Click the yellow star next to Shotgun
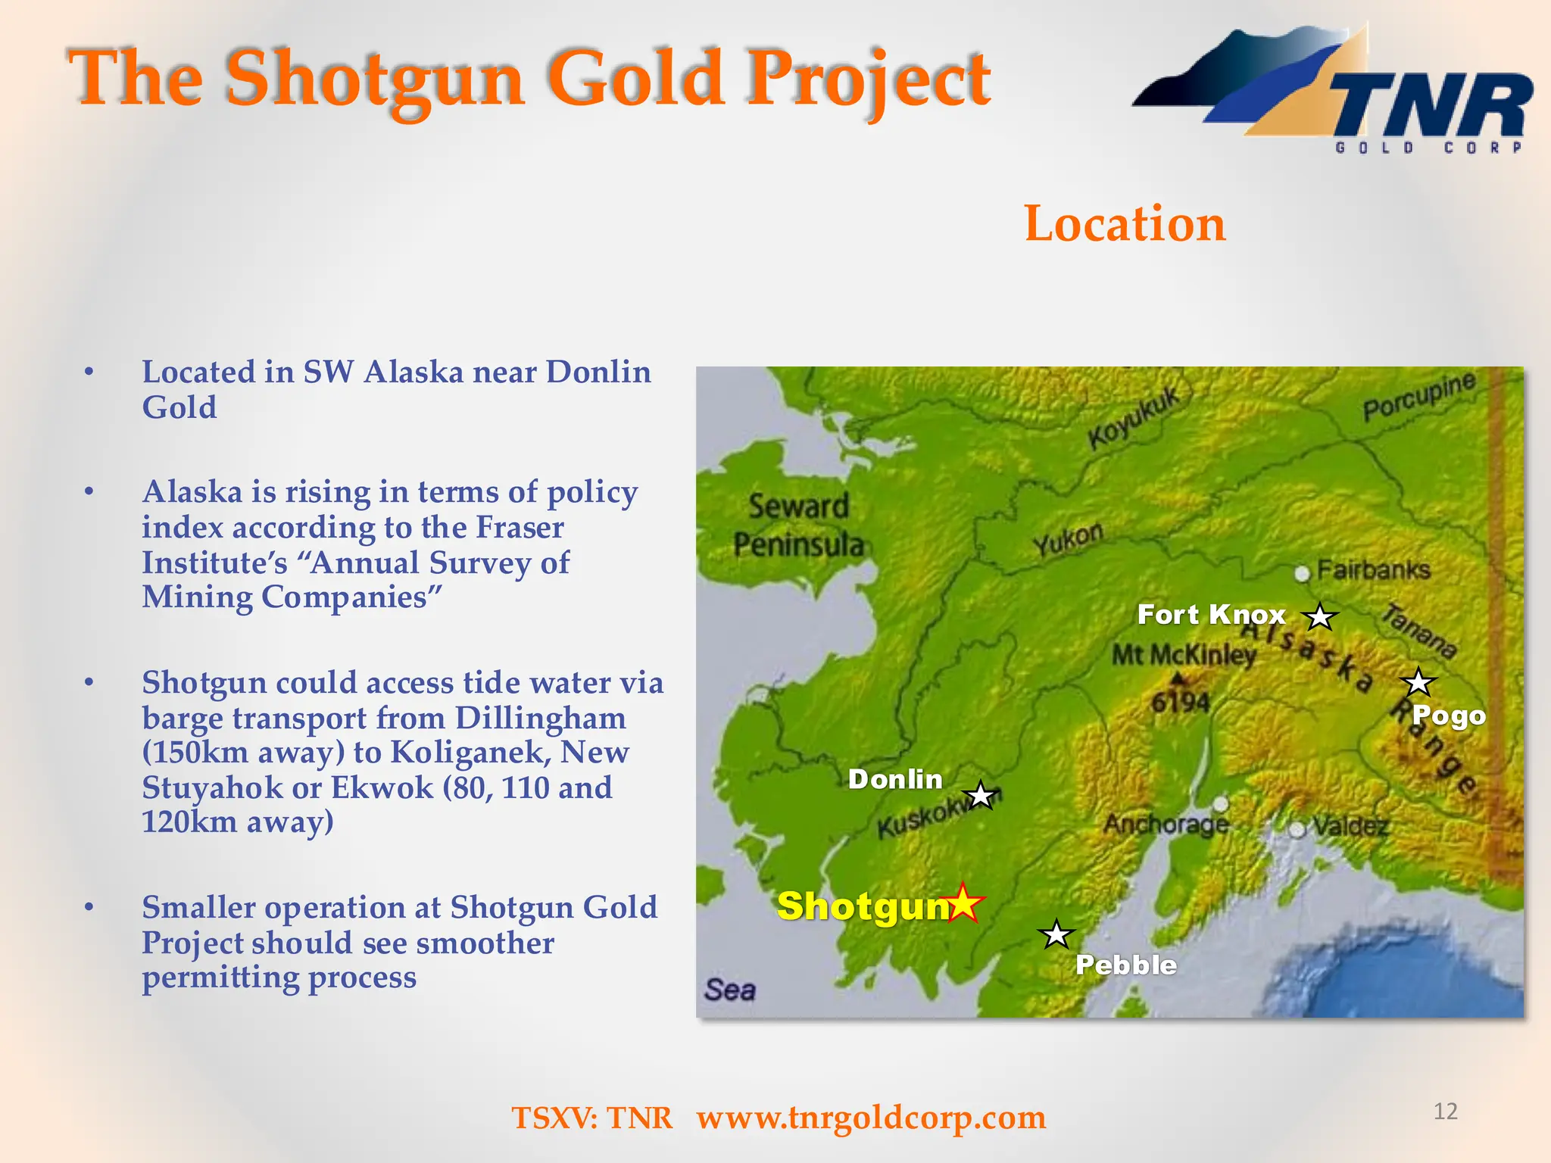963,903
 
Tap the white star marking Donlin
981,796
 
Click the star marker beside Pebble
1056,935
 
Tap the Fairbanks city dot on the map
1302,574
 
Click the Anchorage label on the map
1166,824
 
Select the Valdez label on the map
1350,826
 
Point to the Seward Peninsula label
798,525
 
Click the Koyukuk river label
1134,417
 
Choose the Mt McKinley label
1183,654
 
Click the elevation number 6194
1180,703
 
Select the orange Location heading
1125,223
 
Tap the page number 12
1445,1112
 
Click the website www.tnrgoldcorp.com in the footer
871,1118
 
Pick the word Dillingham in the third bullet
540,718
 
